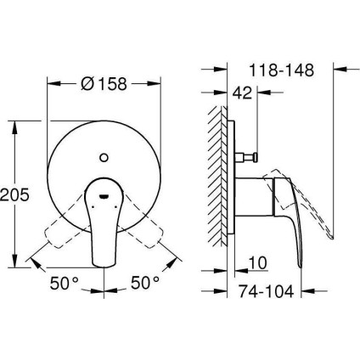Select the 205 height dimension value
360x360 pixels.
[16, 194]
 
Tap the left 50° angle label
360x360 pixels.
[61, 279]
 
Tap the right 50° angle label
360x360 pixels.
[145, 279]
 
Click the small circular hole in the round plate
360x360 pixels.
[103, 156]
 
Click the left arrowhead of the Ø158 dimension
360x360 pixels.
[50, 85]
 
